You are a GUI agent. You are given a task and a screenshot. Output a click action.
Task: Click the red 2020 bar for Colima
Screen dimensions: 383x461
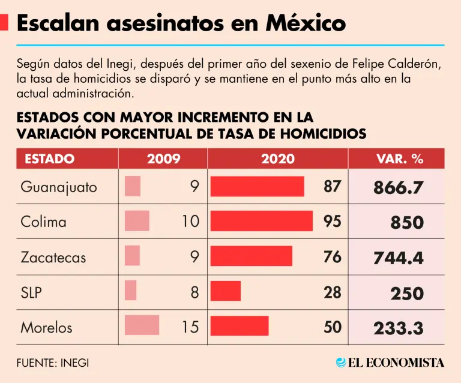(262, 222)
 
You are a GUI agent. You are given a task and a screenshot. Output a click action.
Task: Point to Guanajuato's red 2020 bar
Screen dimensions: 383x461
(258, 187)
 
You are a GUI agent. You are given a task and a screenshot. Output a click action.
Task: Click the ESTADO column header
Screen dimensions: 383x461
(50, 159)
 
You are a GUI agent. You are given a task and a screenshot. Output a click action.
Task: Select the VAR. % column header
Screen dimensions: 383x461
(400, 159)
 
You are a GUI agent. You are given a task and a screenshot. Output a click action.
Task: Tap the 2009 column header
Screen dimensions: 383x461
(163, 159)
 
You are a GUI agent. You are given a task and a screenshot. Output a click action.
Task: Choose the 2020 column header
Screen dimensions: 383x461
(278, 159)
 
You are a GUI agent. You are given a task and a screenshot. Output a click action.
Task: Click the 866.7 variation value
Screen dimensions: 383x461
(399, 188)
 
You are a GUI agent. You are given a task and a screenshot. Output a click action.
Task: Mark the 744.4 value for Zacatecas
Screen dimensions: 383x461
(399, 258)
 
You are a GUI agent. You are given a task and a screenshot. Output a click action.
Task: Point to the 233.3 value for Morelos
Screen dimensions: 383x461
(399, 328)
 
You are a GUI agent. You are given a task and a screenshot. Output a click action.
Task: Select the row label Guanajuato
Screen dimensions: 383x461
(59, 187)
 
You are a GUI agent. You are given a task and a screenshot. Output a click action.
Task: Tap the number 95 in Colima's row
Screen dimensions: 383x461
(332, 222)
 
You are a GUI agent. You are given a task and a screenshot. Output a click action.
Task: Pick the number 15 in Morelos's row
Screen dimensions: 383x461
(190, 328)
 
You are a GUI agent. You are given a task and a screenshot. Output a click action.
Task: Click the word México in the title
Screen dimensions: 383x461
(306, 23)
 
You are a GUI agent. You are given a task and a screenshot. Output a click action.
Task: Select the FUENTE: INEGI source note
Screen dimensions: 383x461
(57, 363)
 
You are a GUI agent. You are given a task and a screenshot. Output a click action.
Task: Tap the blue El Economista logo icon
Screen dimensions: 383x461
(342, 363)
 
